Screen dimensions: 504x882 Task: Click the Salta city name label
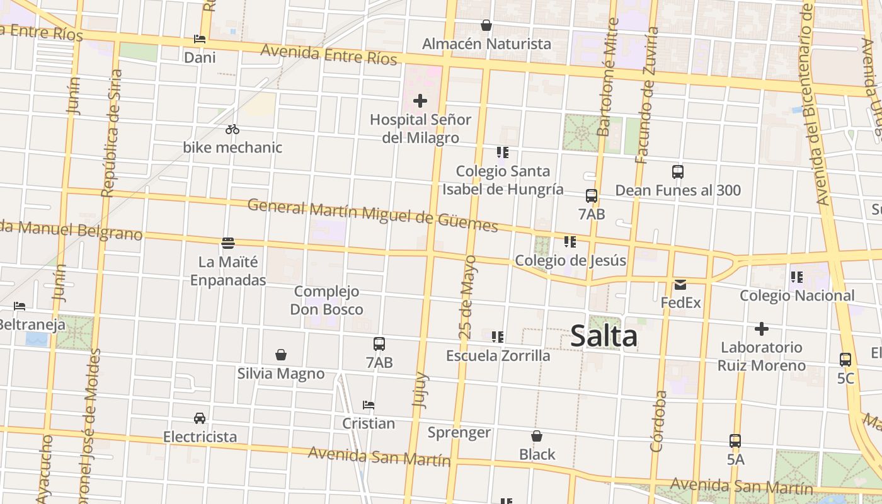point(604,336)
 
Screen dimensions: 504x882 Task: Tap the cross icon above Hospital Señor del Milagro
point(420,101)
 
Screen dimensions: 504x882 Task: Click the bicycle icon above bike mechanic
point(232,129)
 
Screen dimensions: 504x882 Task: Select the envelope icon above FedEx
point(680,285)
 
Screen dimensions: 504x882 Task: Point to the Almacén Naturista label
point(486,44)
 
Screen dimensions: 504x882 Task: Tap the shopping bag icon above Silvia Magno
point(281,355)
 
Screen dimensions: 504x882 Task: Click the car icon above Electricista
point(200,418)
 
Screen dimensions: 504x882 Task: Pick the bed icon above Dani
point(200,39)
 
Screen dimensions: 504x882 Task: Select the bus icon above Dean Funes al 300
point(678,172)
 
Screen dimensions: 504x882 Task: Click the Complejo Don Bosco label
point(326,301)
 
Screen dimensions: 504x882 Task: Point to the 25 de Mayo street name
point(467,297)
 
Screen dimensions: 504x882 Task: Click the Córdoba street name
point(658,421)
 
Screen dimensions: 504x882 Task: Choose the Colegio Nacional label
point(797,295)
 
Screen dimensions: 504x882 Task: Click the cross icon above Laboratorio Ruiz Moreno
point(762,329)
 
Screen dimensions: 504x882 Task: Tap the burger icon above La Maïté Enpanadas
point(228,243)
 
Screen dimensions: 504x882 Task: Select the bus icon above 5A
point(735,441)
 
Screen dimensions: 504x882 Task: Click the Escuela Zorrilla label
point(498,355)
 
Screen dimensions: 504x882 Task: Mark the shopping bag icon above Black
point(537,436)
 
